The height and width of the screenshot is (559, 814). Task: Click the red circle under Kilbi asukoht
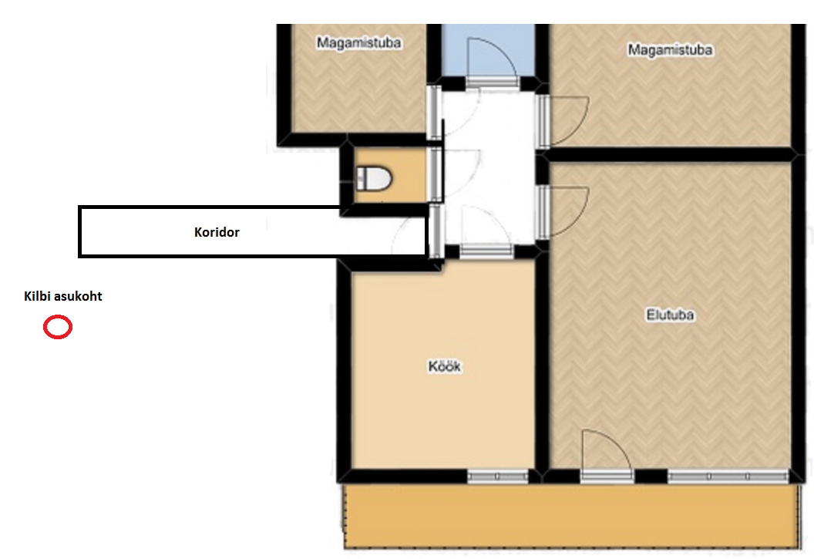pos(57,327)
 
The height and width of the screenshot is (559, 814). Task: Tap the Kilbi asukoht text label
pos(62,296)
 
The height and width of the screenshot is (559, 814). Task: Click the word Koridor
pos(217,232)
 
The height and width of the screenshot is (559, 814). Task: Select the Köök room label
pos(444,366)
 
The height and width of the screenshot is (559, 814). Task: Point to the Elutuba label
pos(670,315)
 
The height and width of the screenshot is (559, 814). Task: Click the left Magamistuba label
pos(358,42)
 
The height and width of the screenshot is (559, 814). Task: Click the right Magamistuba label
pos(670,50)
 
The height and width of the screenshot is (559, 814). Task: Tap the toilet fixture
pos(373,179)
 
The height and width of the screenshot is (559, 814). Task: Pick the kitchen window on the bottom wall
pos(498,476)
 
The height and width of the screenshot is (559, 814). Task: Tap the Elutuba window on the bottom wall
pos(728,476)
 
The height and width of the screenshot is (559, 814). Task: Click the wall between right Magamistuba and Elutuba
pos(670,154)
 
